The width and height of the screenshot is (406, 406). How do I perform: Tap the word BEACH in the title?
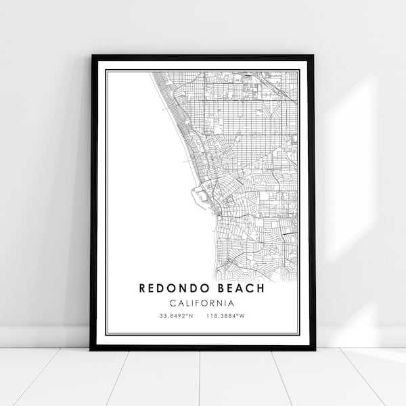click(240, 288)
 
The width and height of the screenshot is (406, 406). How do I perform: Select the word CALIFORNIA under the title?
click(202, 302)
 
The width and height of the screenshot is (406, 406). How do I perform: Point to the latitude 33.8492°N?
click(175, 316)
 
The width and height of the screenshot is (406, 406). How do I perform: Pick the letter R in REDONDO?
click(143, 288)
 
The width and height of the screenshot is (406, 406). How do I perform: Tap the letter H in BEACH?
click(261, 288)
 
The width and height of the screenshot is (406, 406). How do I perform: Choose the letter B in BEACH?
click(217, 288)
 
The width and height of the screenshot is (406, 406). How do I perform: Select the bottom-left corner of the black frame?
click(92, 349)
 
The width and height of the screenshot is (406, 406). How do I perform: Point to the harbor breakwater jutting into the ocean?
click(196, 196)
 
